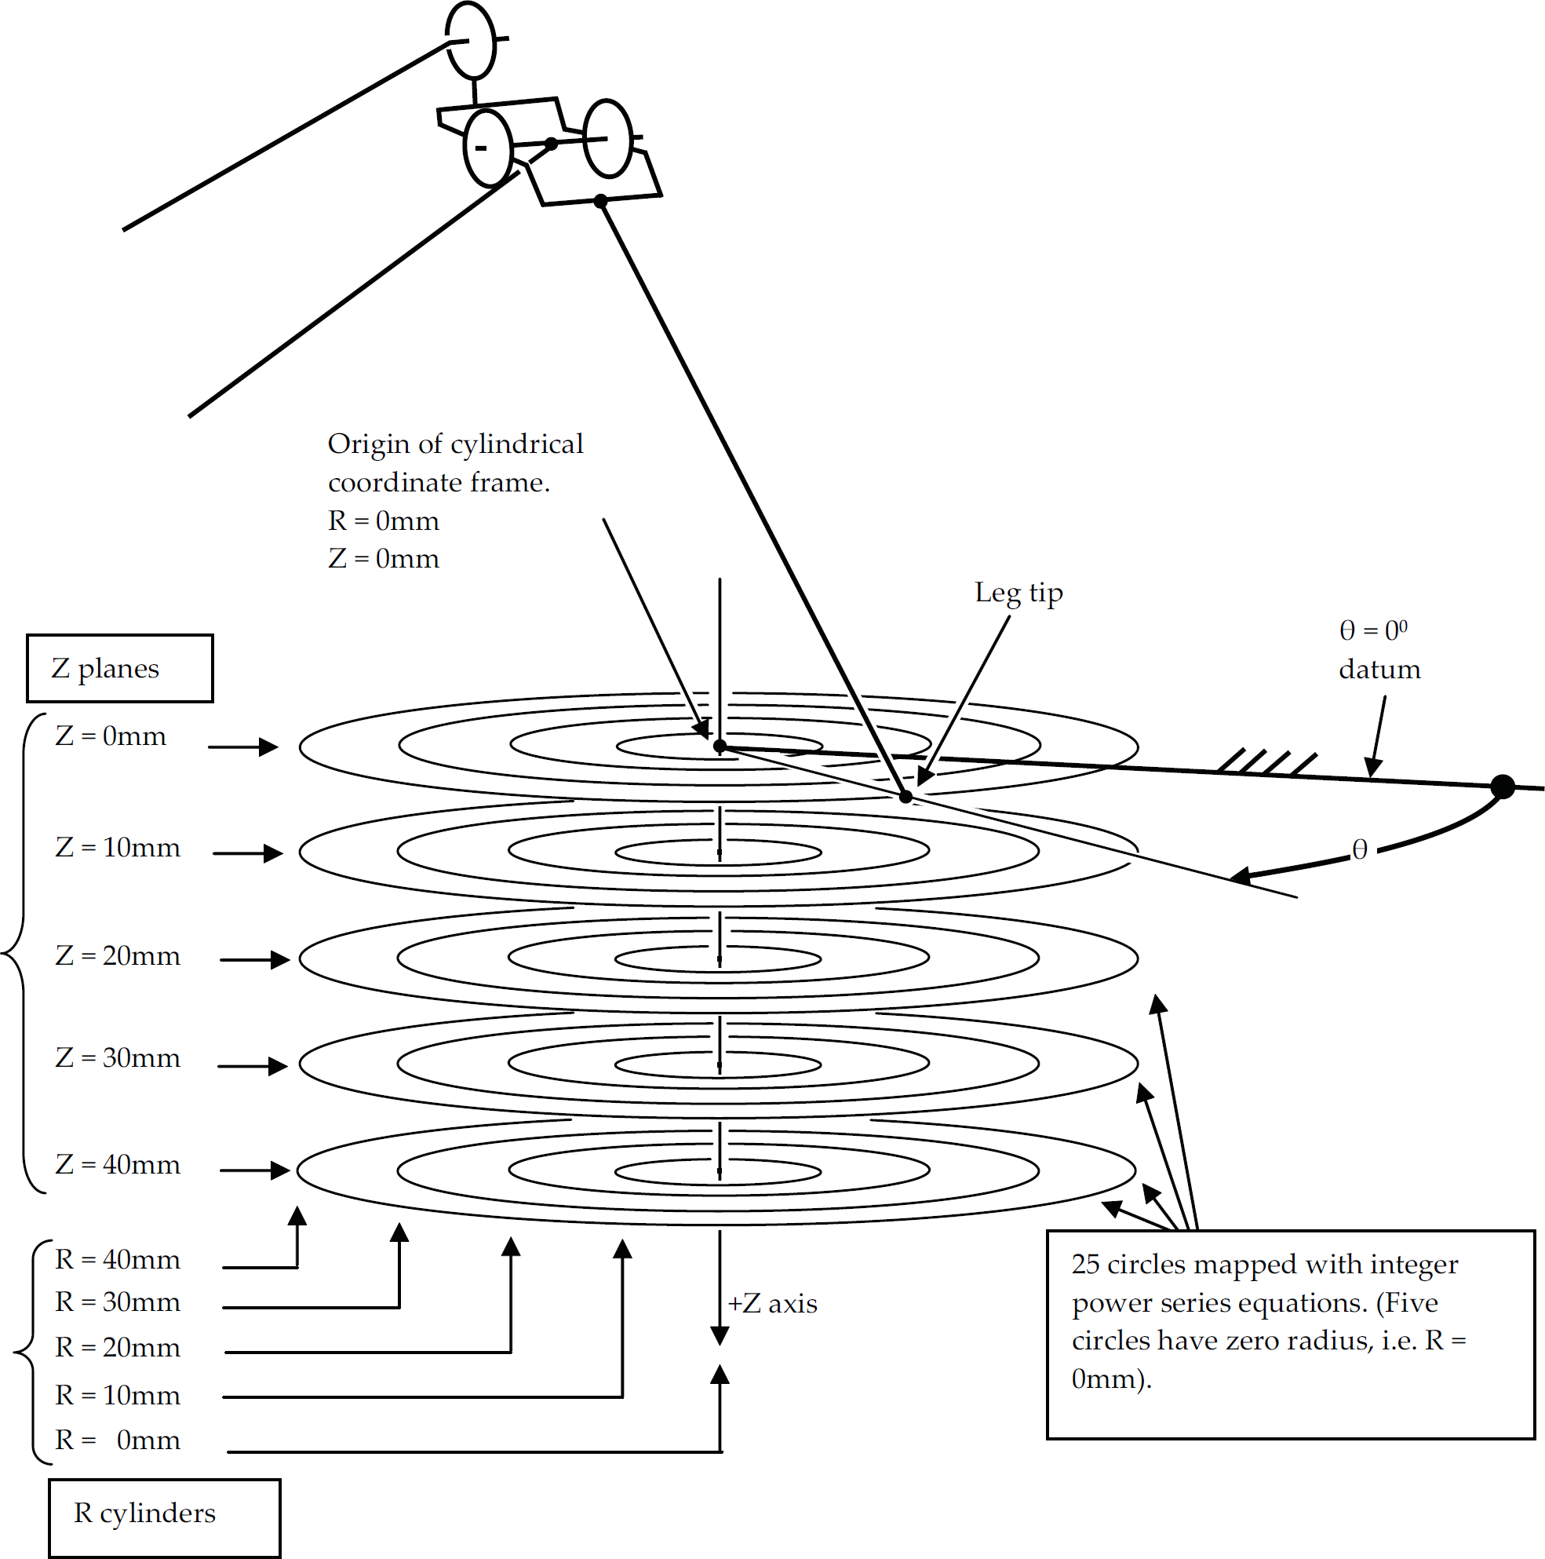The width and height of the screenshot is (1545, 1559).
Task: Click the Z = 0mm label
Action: [x=111, y=736]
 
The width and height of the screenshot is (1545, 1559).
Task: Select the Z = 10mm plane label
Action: [x=118, y=847]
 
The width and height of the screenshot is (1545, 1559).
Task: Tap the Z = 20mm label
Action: [x=118, y=955]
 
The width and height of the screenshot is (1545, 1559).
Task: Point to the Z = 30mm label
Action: [x=118, y=1057]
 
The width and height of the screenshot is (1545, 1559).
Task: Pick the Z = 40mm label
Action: [x=118, y=1164]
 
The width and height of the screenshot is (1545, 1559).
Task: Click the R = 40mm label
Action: [x=118, y=1260]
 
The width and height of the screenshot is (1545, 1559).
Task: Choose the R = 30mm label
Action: [x=118, y=1302]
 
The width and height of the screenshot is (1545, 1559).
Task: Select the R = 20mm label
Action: [x=118, y=1348]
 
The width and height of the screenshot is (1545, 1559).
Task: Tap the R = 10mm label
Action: [x=118, y=1395]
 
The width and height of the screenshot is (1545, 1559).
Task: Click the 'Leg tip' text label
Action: [x=1019, y=593]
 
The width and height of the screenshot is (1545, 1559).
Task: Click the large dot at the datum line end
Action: [x=1503, y=786]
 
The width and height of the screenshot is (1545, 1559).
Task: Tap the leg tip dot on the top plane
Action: [x=906, y=798]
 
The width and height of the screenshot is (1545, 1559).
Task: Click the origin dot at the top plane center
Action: [x=720, y=747]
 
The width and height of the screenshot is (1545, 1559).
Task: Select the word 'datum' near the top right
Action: [x=1379, y=670]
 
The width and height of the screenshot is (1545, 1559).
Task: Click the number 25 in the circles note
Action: [x=1086, y=1265]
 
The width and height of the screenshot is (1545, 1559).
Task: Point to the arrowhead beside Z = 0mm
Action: [x=268, y=747]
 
